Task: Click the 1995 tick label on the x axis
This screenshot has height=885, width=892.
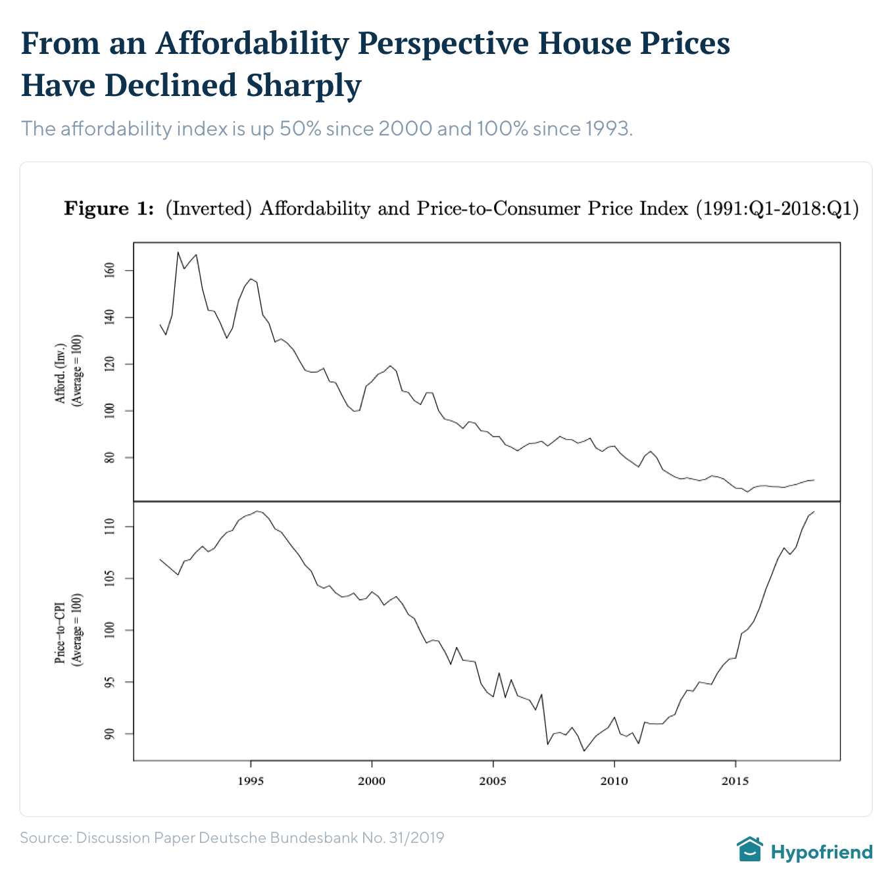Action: coord(251,782)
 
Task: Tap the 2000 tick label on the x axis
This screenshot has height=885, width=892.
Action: coord(372,782)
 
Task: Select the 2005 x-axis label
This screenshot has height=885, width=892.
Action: coord(493,782)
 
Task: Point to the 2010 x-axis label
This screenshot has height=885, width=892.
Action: coord(614,782)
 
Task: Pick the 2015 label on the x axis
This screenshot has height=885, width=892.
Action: coord(735,782)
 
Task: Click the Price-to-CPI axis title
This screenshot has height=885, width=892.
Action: coord(61,631)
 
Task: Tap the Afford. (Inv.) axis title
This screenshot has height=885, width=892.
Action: coord(61,372)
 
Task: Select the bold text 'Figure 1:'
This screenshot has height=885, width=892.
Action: coord(109,209)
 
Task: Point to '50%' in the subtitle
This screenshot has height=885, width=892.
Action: coord(300,128)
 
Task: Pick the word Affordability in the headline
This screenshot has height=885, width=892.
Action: coord(252,43)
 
